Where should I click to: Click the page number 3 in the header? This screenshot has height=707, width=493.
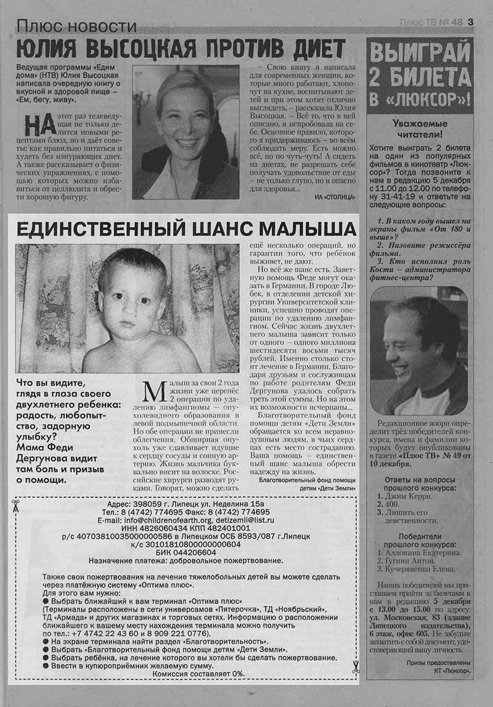470,22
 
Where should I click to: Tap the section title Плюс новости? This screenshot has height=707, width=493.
76,26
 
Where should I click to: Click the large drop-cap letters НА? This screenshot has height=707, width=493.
41,124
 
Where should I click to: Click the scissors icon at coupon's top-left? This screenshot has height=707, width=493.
15,506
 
